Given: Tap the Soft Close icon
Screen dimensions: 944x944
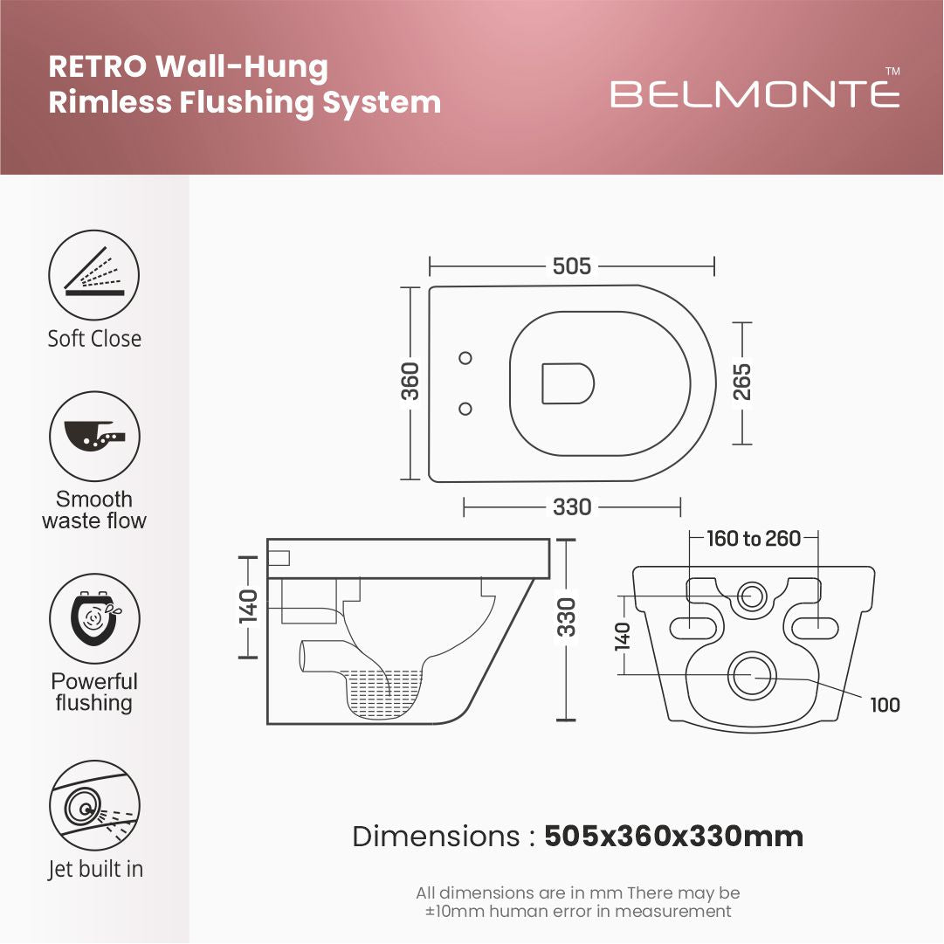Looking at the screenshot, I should click(94, 275).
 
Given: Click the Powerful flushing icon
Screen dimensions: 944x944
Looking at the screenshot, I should click(94, 619).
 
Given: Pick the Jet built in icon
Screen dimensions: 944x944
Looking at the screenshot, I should click(94, 806).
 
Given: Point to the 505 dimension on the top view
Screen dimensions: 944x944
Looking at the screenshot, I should click(572, 266).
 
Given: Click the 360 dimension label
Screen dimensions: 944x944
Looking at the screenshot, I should click(410, 382).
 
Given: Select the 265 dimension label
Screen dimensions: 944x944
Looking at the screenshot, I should click(742, 382).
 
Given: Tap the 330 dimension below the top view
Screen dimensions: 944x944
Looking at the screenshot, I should click(572, 506).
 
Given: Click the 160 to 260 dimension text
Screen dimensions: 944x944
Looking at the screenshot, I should click(753, 539).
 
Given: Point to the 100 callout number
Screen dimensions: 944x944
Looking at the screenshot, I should click(885, 705).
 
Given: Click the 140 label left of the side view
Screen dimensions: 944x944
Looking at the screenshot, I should click(248, 604).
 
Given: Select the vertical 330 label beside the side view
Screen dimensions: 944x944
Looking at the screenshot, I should click(568, 617).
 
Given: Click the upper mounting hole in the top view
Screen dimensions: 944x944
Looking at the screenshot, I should click(465, 357).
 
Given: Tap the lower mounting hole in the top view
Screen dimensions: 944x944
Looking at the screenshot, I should click(465, 408).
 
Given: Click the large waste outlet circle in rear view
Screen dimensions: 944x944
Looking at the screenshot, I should click(752, 675).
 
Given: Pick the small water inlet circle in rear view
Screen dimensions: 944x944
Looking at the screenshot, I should click(751, 598).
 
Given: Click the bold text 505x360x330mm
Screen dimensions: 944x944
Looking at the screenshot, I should click(673, 837).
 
